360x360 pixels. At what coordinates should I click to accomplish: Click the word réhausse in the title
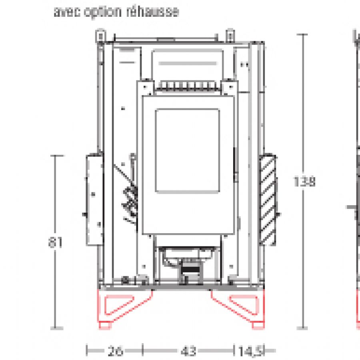pos(152,12)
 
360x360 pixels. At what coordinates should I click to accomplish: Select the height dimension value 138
pos(304,181)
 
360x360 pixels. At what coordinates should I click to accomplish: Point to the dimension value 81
pos(55,242)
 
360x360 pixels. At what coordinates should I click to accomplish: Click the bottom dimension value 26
pos(115,351)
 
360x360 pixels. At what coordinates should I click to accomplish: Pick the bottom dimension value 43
pos(188,351)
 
